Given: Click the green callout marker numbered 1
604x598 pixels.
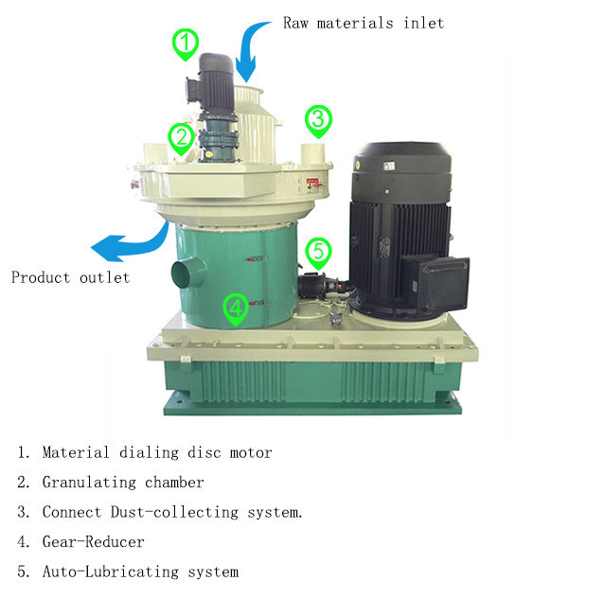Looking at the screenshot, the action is [186, 44].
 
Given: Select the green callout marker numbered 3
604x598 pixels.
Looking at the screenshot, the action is [318, 121].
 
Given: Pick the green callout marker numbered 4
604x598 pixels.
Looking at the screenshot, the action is [236, 309].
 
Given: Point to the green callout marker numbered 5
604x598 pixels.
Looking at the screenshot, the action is [318, 254].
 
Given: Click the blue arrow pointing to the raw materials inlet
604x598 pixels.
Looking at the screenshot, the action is [249, 49].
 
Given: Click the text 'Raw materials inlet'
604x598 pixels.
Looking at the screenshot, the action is [364, 23].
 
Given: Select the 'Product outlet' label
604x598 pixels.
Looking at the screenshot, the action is [70, 277].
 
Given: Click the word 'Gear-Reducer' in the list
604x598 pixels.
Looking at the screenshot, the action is [94, 542].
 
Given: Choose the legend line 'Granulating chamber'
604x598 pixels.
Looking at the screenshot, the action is [110, 483].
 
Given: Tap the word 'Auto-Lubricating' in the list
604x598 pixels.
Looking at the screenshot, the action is [111, 572].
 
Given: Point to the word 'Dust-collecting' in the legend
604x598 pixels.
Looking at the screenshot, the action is [174, 512].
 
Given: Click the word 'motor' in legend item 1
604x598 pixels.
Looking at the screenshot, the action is [251, 453].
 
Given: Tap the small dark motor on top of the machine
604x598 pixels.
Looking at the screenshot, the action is [211, 83].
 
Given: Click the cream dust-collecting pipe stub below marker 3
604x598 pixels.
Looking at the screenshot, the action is [313, 154].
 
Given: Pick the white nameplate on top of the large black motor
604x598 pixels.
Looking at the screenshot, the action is [389, 167].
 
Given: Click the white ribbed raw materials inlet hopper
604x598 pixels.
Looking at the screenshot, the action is [255, 124].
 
